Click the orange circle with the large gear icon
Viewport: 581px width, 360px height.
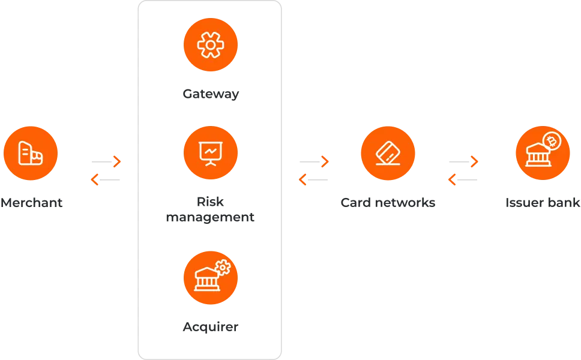click(x=211, y=46)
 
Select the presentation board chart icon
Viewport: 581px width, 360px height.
click(x=211, y=154)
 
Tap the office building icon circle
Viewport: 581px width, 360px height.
click(x=31, y=153)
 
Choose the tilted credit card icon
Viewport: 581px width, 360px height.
click(x=388, y=154)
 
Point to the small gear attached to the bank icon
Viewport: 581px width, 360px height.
click(x=223, y=267)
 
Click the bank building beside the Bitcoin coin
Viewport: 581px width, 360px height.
click(x=535, y=157)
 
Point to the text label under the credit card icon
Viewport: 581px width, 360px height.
click(x=388, y=205)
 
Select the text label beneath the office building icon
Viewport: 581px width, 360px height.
click(x=32, y=205)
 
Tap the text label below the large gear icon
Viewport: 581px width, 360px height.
click(x=211, y=95)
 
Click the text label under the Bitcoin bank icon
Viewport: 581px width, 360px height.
click(x=543, y=205)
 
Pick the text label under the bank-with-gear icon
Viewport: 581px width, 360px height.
click(x=211, y=326)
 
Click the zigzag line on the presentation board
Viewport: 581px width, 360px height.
click(x=211, y=152)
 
